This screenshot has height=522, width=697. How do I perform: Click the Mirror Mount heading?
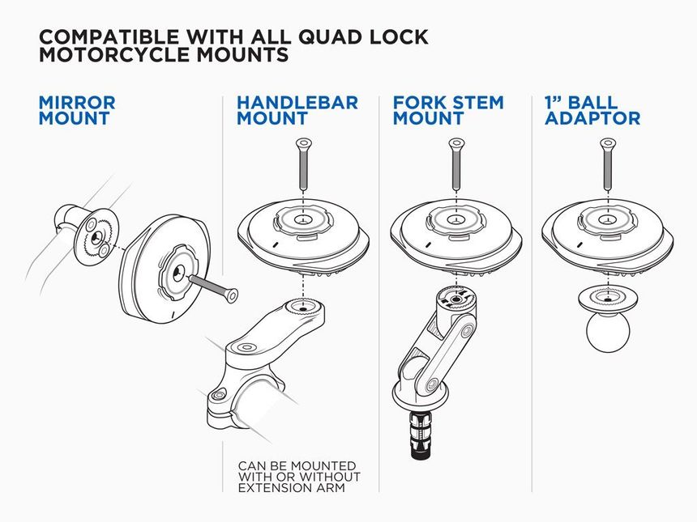[x=77, y=111]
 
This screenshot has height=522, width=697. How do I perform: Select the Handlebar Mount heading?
[x=297, y=111]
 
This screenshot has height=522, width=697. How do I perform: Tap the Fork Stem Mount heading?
[x=447, y=111]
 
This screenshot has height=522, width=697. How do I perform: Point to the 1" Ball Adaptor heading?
[x=592, y=111]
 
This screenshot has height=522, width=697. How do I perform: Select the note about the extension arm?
[x=298, y=477]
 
